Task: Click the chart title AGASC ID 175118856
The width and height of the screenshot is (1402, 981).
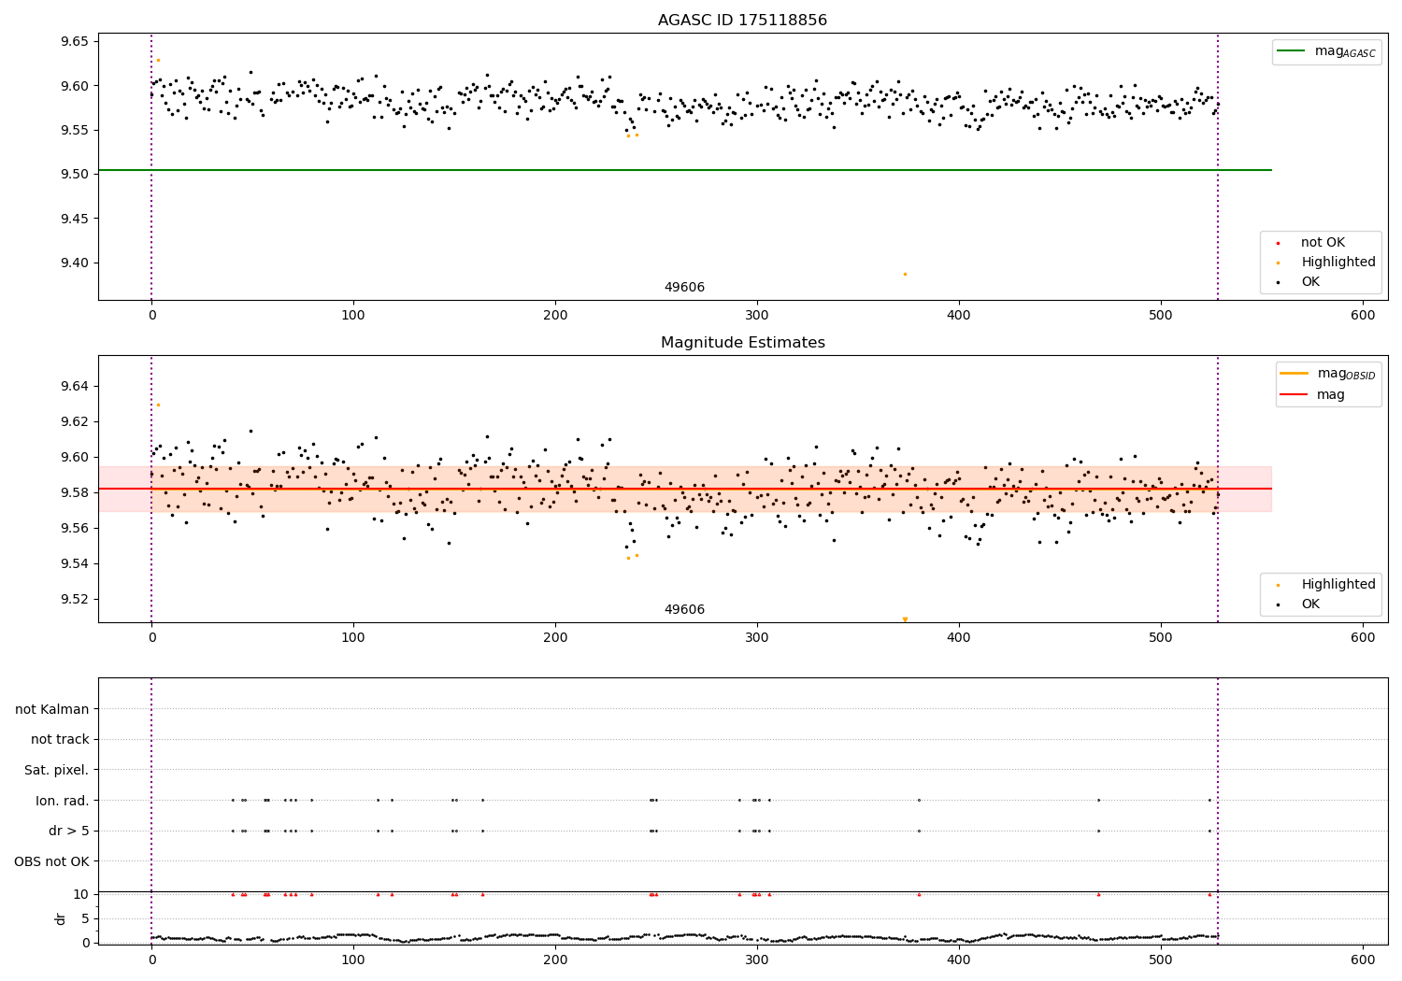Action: pos(742,21)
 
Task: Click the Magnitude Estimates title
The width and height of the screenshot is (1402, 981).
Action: pos(742,343)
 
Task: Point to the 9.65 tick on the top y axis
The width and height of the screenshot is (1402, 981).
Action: pos(74,42)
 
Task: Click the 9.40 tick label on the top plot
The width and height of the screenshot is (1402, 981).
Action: pos(74,263)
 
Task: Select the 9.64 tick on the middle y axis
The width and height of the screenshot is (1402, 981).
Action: pos(74,386)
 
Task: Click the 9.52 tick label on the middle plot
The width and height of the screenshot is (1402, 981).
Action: pos(74,599)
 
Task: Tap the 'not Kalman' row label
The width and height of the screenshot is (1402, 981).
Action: pos(52,709)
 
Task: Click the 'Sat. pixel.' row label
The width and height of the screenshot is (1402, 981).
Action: pos(57,770)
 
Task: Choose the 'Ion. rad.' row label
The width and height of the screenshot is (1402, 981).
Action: pos(63,801)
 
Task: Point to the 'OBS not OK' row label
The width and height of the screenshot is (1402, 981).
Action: pos(52,861)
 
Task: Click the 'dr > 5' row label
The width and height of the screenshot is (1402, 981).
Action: pos(69,831)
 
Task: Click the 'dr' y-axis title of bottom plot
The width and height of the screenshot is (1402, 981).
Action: pos(61,918)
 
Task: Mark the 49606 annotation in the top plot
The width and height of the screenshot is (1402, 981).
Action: pos(684,288)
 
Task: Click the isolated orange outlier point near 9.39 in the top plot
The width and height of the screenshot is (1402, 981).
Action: pos(905,274)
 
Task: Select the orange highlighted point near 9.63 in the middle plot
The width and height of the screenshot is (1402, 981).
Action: pos(158,405)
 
